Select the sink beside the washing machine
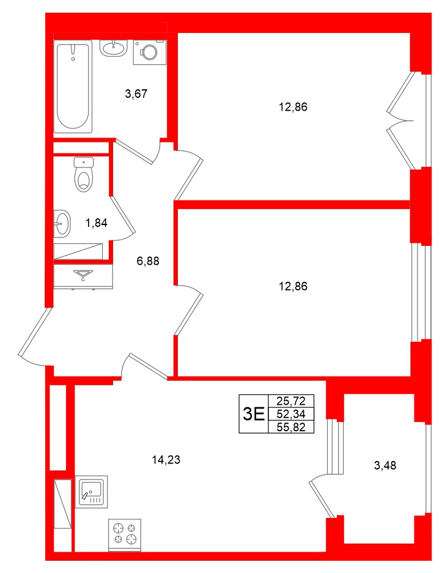tap(112, 48)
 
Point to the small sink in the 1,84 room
tap(61, 223)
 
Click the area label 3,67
tap(136, 94)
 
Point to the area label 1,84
tap(96, 223)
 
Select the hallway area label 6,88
tap(148, 261)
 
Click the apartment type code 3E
tap(254, 414)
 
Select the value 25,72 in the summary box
tap(291, 402)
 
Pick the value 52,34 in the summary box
tap(291, 414)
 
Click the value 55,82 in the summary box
tap(291, 426)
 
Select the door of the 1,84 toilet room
tap(121, 214)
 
